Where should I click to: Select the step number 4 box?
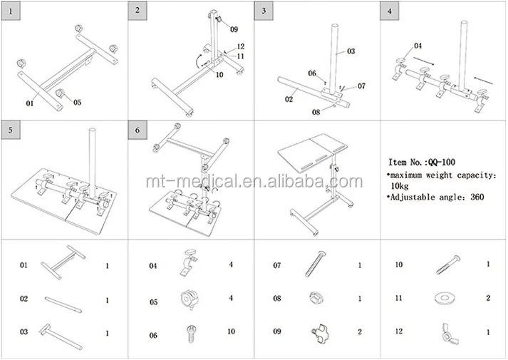pyautogui.click(x=388, y=12)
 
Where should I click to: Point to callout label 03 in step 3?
pyautogui.click(x=351, y=51)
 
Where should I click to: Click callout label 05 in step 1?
pyautogui.click(x=77, y=102)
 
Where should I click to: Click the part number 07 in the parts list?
pyautogui.click(x=276, y=266)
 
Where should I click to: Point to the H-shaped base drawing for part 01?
pyautogui.click(x=65, y=265)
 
